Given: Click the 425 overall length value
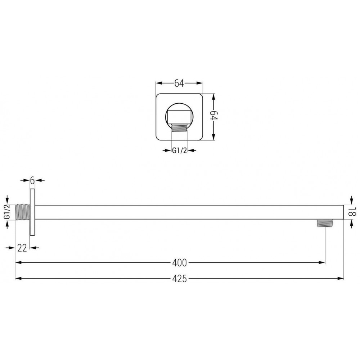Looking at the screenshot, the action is [x=179, y=279].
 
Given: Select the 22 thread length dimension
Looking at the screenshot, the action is [x=22, y=248].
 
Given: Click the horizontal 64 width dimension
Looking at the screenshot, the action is [x=179, y=83].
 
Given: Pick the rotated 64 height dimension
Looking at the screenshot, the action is [x=214, y=116].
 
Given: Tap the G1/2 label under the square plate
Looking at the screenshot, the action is [x=179, y=150].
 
